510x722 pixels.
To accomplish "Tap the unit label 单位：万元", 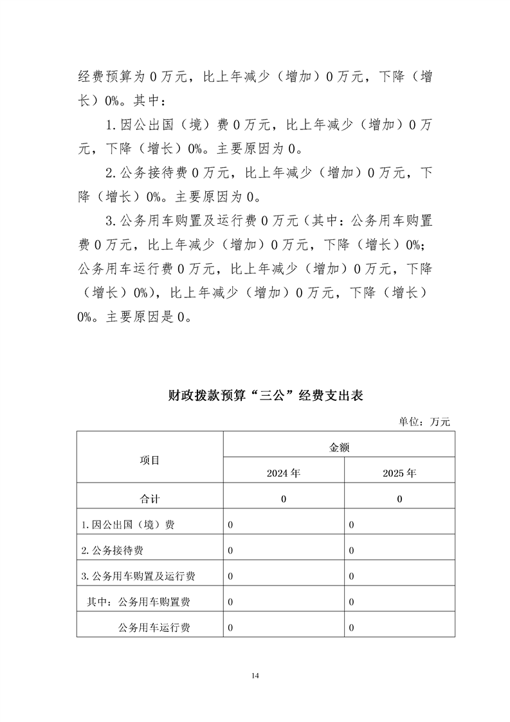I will click(424, 421).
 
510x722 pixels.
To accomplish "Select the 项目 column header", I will click(150, 459).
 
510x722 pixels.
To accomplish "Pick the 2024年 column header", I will click(284, 473).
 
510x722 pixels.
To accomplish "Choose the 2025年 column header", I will click(399, 473).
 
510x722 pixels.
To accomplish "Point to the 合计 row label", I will click(150, 499).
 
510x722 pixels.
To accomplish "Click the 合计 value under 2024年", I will click(284, 499).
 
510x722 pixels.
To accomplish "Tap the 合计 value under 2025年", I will click(399, 499).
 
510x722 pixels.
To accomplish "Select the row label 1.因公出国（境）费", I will click(128, 524).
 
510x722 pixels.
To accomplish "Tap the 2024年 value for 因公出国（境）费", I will click(230, 524).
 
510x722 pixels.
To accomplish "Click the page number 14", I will click(255, 675).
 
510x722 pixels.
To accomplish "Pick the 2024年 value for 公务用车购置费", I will click(230, 602).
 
